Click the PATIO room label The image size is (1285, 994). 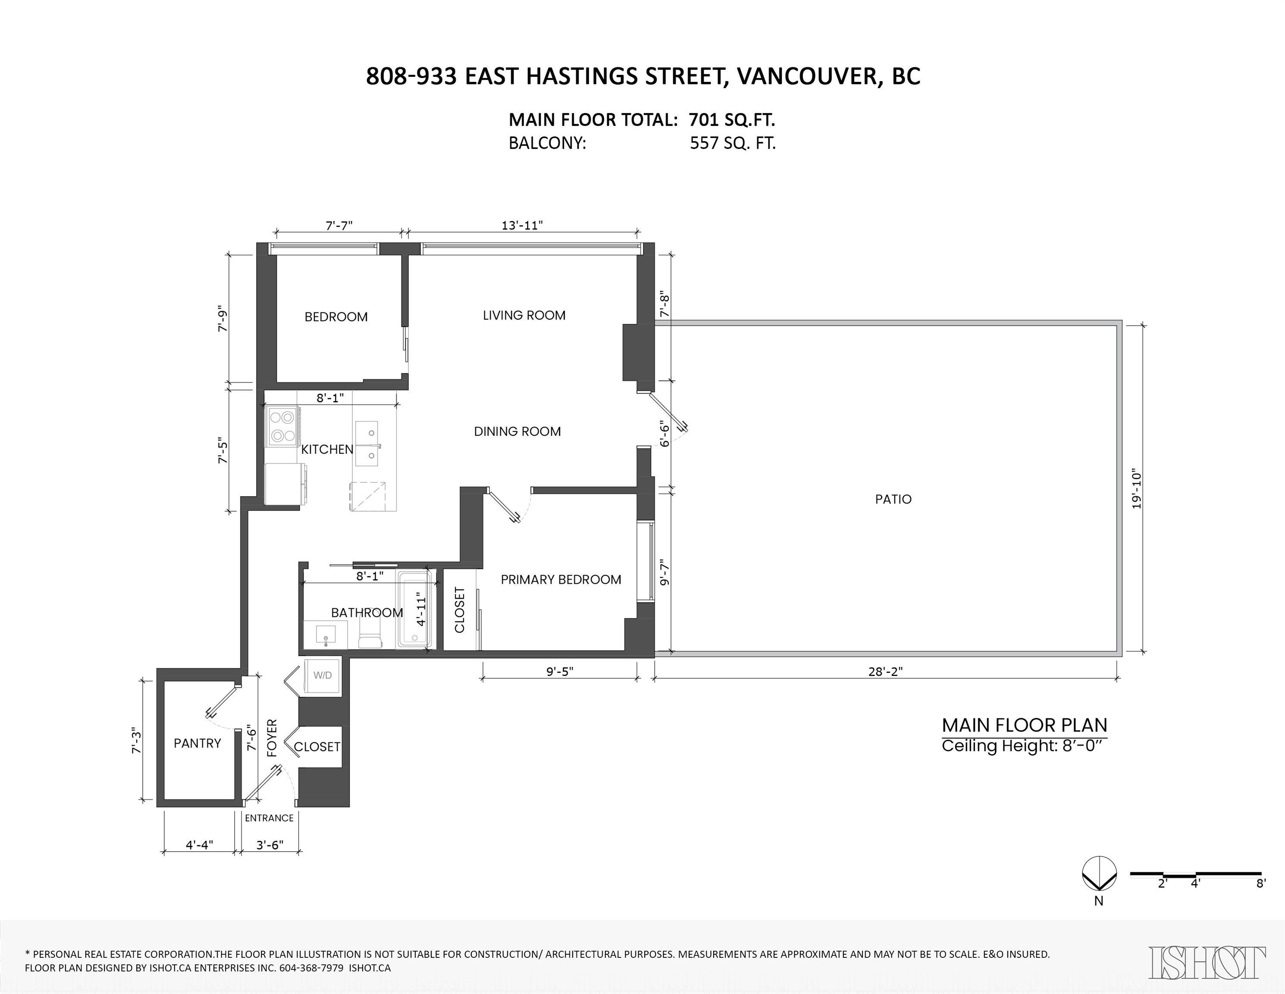[893, 499]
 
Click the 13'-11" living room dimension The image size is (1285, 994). [522, 225]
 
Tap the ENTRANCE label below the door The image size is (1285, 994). [269, 818]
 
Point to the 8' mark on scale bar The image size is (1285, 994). [1260, 900]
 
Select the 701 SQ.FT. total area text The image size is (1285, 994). [731, 120]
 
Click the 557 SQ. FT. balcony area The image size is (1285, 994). [733, 144]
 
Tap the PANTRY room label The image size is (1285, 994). [197, 743]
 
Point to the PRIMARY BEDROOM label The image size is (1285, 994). [561, 580]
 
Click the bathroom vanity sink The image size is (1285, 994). [326, 635]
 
